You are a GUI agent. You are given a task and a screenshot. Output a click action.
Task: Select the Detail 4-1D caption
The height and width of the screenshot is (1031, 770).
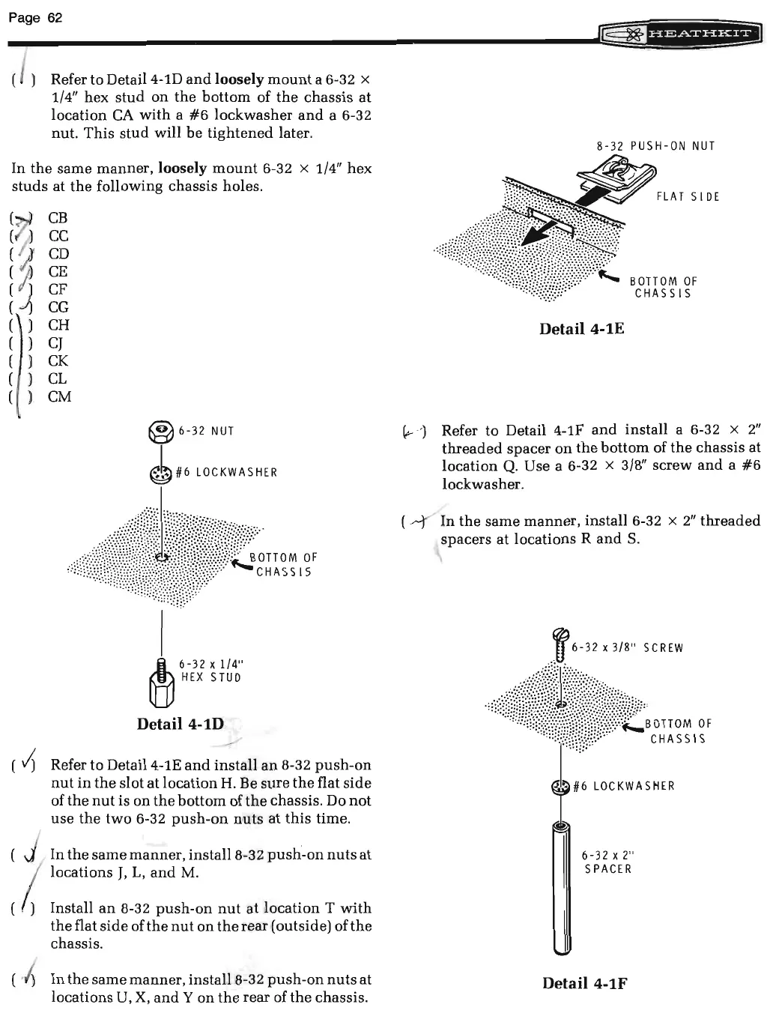[180, 724]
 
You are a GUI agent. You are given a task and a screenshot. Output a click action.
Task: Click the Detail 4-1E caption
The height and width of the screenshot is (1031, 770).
[581, 329]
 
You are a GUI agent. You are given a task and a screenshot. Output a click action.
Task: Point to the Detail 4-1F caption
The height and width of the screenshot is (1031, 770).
[584, 983]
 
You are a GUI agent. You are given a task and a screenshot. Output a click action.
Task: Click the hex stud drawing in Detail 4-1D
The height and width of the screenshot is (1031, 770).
[162, 682]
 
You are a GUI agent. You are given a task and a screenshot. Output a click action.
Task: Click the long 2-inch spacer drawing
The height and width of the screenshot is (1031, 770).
[561, 888]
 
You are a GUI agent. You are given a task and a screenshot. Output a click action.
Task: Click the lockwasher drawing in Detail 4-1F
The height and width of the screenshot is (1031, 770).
[561, 786]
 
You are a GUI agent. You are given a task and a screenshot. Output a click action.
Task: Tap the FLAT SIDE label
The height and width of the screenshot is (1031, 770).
[688, 197]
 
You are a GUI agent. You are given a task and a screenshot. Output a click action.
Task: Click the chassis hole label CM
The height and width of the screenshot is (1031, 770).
[59, 397]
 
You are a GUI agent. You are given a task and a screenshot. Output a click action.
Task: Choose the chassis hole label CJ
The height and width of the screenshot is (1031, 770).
[55, 343]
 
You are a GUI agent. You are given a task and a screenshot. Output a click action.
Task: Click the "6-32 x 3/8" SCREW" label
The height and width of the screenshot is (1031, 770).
[627, 648]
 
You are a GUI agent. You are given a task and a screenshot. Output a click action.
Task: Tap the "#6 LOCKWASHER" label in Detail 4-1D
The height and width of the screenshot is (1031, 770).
[226, 473]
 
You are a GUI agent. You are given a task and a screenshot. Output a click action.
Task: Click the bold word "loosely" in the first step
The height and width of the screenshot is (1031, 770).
[240, 79]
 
